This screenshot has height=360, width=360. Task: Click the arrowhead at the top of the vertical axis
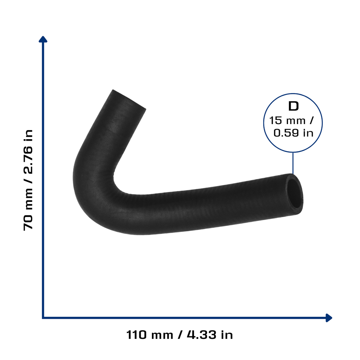click(43, 39)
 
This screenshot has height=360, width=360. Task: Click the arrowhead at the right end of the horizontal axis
click(329, 318)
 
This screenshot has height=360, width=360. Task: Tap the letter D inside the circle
click(293, 106)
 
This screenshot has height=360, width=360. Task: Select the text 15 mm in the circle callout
click(287, 121)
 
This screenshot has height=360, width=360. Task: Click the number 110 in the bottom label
click(136, 335)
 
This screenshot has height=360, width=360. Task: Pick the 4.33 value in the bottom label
click(201, 335)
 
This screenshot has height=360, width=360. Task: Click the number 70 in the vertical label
click(28, 223)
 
